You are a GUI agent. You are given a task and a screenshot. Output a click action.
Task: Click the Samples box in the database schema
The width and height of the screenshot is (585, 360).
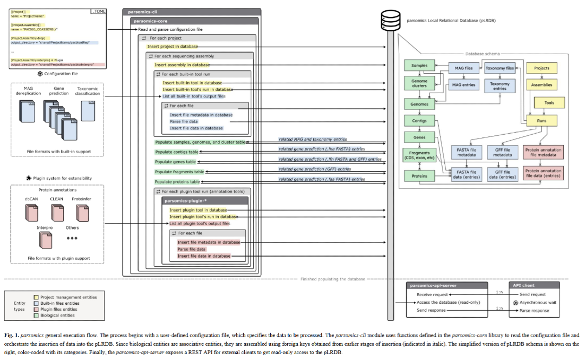[x=419, y=66]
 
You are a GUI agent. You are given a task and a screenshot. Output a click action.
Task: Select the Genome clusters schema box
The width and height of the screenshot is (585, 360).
[x=419, y=83]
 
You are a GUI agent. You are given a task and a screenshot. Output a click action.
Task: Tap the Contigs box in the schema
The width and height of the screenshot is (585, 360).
[x=419, y=122]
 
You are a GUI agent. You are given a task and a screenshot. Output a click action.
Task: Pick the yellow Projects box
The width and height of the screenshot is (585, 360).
[x=542, y=68]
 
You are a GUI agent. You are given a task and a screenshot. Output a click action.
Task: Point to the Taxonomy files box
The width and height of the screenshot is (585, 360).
[x=499, y=68]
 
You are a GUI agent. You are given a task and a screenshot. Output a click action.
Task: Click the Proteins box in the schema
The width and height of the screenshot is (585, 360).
[x=419, y=176]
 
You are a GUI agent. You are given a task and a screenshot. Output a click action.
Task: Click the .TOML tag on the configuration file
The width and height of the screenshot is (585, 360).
[x=100, y=11]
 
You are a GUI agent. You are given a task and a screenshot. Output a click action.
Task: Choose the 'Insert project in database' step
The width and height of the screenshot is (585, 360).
[x=173, y=47]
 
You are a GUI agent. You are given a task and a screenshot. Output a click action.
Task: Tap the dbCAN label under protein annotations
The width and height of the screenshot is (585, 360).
[x=32, y=199]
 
